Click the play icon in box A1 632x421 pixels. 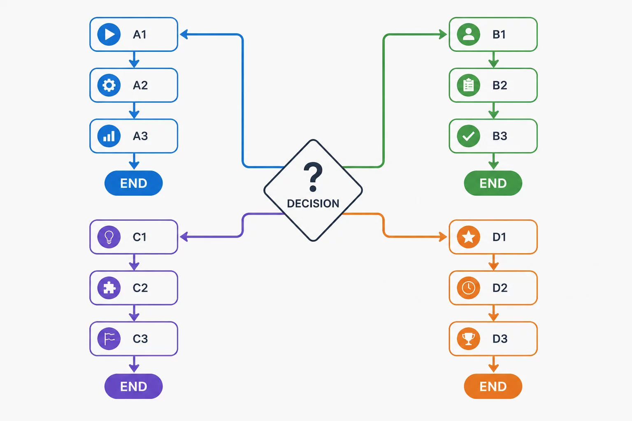109,35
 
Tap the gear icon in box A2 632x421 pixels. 109,85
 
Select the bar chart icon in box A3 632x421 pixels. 109,136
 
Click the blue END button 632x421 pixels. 133,183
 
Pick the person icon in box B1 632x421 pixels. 468,35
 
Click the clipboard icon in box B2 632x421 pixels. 468,85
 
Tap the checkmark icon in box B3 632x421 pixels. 468,136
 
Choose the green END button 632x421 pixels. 493,183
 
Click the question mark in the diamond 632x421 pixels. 313,177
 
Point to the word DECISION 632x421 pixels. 313,204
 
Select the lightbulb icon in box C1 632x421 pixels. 109,237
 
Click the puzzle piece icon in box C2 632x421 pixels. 109,288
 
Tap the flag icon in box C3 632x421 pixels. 109,338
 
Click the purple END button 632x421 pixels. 133,386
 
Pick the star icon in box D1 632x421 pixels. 468,237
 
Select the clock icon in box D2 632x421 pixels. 468,288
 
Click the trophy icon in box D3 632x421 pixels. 468,338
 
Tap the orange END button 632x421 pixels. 493,386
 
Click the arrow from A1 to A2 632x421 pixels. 134,60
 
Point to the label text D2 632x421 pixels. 500,288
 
